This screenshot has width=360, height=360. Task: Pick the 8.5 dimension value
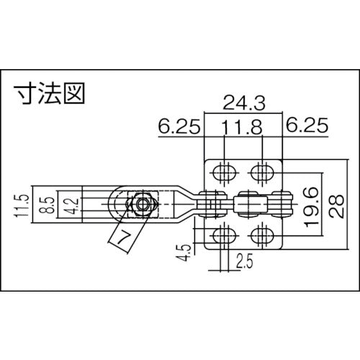tap(45, 205)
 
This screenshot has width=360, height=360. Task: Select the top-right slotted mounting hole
tap(264, 172)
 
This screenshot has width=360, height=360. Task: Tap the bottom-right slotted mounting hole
tap(264, 235)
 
